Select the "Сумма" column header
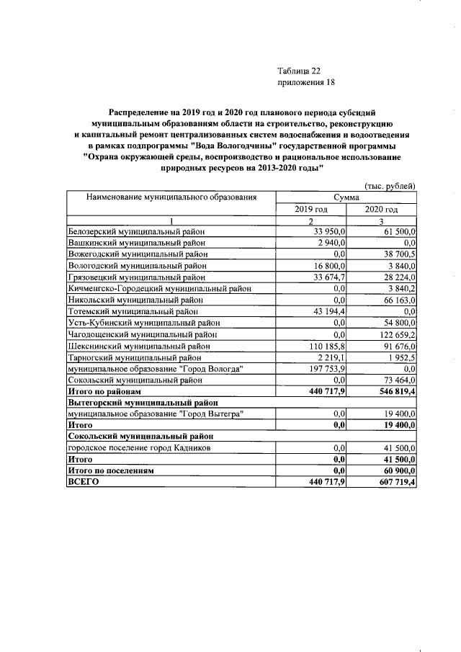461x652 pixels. [x=347, y=197]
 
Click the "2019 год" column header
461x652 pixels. [x=312, y=209]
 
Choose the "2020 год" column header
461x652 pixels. [x=382, y=209]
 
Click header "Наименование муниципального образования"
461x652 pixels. [x=171, y=197]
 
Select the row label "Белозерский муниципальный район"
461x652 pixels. [x=136, y=231]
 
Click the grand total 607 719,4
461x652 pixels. [x=392, y=482]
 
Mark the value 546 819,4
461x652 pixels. [x=392, y=393]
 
